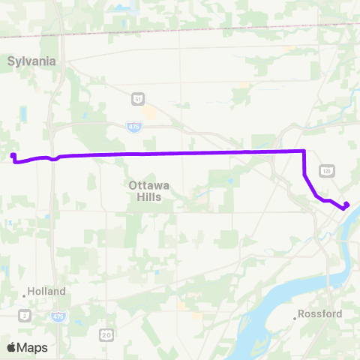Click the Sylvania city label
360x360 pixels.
[x=32, y=61]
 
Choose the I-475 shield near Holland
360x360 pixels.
[x=58, y=317]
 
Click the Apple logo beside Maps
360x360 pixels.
[x=11, y=347]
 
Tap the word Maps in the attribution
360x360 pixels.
[x=32, y=347]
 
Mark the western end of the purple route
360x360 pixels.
[x=13, y=156]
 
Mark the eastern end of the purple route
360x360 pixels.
[x=346, y=205]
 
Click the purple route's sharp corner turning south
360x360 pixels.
[x=304, y=151]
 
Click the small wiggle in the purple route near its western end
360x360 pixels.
[x=54, y=158]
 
